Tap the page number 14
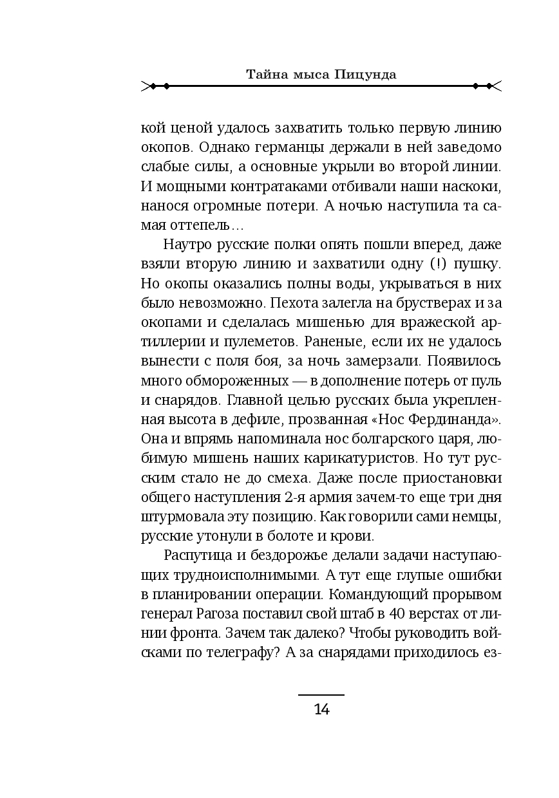[x=321, y=710]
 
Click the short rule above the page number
[x=321, y=695]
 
